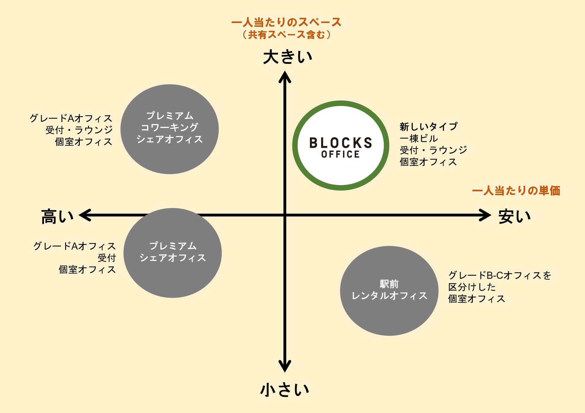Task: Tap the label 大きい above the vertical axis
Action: point(287,57)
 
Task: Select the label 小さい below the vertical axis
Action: point(284,390)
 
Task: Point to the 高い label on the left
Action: point(57,217)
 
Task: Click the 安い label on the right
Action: point(514,217)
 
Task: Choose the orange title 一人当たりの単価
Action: point(516,191)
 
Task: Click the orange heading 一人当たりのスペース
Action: point(286,22)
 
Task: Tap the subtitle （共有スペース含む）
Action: point(286,35)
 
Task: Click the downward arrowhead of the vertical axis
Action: point(285,366)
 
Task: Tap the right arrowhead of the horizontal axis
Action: point(486,215)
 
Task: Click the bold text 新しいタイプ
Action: point(428,126)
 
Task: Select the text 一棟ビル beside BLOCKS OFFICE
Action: point(419,138)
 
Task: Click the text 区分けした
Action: point(472,287)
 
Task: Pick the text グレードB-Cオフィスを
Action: point(499,275)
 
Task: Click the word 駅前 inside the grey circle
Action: point(389,284)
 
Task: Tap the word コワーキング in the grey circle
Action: point(169,127)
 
